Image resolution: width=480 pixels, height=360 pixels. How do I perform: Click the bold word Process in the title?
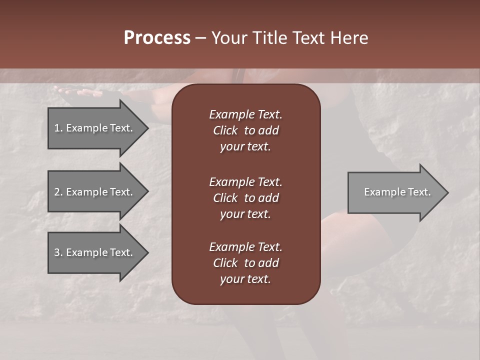point(157,38)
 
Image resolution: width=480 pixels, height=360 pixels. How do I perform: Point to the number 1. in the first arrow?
point(58,128)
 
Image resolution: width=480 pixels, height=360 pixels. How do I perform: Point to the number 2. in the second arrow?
point(58,192)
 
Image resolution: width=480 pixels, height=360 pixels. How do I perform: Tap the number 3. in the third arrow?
point(58,252)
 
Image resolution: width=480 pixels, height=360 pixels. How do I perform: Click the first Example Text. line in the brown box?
point(245,114)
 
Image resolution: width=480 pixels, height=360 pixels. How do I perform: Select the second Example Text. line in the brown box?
point(245,182)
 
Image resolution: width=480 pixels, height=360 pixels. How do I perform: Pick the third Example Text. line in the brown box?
point(245,247)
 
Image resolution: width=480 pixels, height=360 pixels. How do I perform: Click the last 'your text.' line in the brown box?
point(245,279)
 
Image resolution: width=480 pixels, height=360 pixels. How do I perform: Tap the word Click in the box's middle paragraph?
point(225,198)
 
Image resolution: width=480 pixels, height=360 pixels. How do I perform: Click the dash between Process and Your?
point(200,38)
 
